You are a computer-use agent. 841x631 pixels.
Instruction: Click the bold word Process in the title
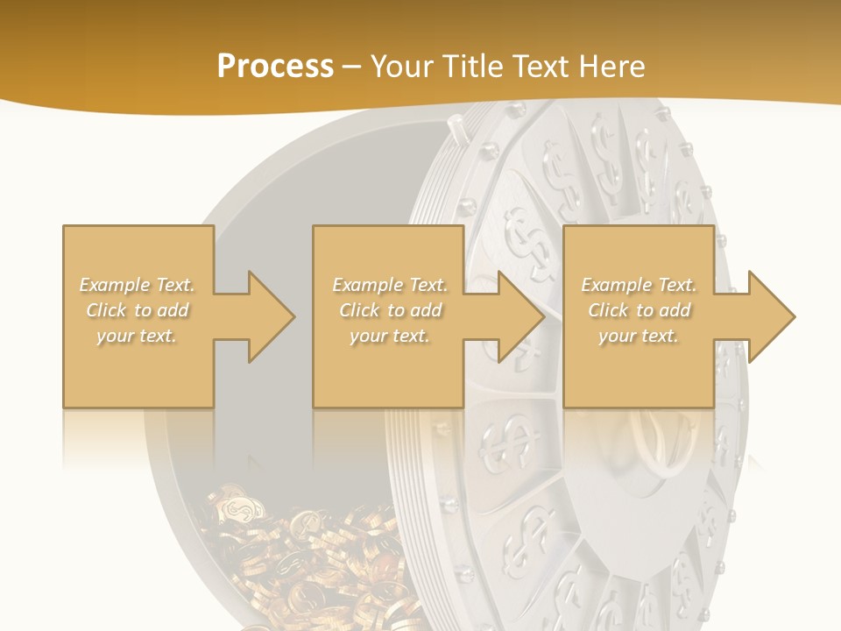(x=275, y=67)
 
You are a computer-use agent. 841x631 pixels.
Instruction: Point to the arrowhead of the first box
(x=272, y=316)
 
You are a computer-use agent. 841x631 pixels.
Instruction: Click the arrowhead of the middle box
(x=522, y=316)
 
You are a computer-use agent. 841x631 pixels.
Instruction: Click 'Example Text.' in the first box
(x=137, y=285)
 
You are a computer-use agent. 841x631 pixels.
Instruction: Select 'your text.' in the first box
(x=137, y=336)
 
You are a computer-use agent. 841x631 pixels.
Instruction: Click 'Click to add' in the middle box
(x=390, y=310)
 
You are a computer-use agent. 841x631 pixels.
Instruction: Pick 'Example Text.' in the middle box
(x=390, y=285)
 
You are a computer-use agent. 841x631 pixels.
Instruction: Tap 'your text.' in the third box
(x=639, y=336)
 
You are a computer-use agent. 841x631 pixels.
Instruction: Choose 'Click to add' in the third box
(x=639, y=310)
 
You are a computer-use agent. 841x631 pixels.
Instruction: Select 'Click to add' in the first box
(x=137, y=310)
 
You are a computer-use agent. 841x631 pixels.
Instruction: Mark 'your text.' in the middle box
(x=390, y=336)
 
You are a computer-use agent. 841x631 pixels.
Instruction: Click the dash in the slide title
(x=352, y=67)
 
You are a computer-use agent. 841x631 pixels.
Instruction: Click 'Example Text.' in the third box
(x=639, y=285)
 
